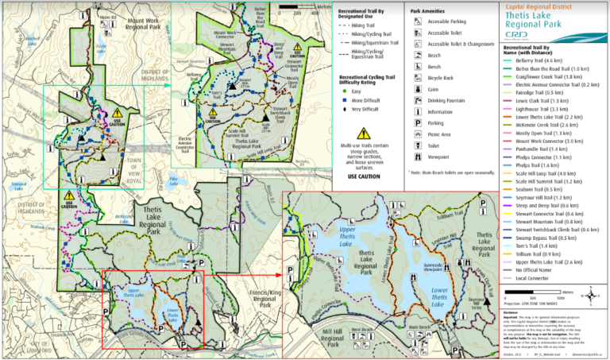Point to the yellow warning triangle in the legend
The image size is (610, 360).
point(364,133)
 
